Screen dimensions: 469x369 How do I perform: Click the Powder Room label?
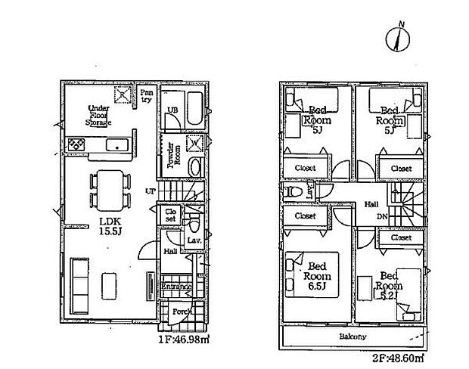click(x=172, y=156)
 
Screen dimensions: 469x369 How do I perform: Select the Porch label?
click(x=180, y=312)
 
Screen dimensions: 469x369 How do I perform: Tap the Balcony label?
click(x=352, y=336)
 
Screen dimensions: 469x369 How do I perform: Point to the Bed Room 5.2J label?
click(x=390, y=286)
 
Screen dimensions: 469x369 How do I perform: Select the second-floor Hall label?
click(x=372, y=203)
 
